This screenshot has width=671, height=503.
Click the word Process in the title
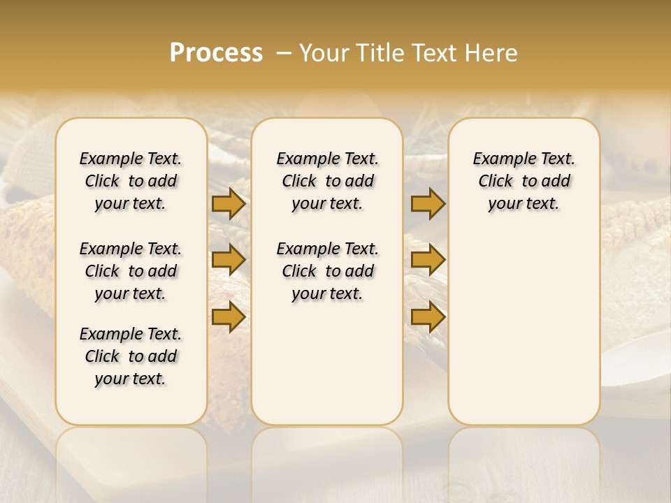click(216, 53)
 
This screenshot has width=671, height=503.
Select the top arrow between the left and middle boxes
click(229, 204)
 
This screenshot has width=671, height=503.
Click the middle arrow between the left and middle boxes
click(229, 261)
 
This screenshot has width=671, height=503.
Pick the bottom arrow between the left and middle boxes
click(229, 316)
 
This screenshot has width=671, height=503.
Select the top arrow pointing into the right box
click(428, 204)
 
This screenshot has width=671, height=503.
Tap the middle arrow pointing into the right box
click(428, 261)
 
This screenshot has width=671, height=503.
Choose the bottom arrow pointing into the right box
click(428, 316)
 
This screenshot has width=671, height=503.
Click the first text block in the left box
click(131, 181)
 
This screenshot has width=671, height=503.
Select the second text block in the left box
click(131, 271)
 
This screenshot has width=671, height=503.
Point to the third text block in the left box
click(131, 356)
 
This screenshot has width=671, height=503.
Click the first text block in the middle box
click(327, 181)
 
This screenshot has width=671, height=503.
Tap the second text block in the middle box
click(327, 271)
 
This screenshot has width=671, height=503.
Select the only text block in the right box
click(524, 181)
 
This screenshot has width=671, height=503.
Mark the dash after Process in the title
click(284, 53)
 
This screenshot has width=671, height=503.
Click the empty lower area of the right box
click(524, 328)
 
